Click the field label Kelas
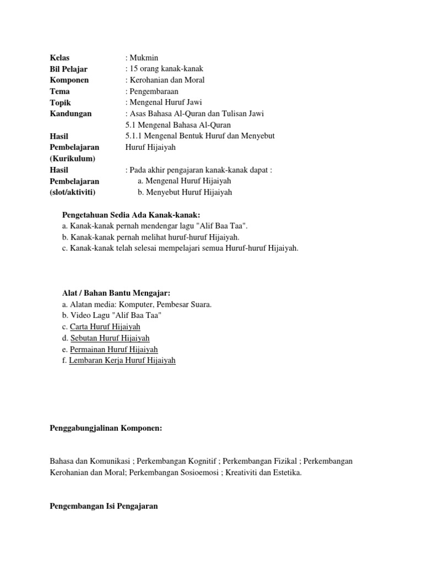pos(59,58)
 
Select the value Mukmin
pos(144,58)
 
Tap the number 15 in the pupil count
pos(134,69)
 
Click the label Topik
pos(60,102)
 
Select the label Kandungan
pos(70,113)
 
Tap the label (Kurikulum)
pos(73,159)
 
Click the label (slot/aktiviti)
pos(73,192)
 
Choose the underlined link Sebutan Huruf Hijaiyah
pos(110,338)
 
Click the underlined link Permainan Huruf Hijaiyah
pos(114,349)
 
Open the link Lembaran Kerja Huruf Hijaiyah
pos(122,361)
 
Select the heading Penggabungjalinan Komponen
pos(106,427)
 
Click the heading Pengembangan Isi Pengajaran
pos(104,506)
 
